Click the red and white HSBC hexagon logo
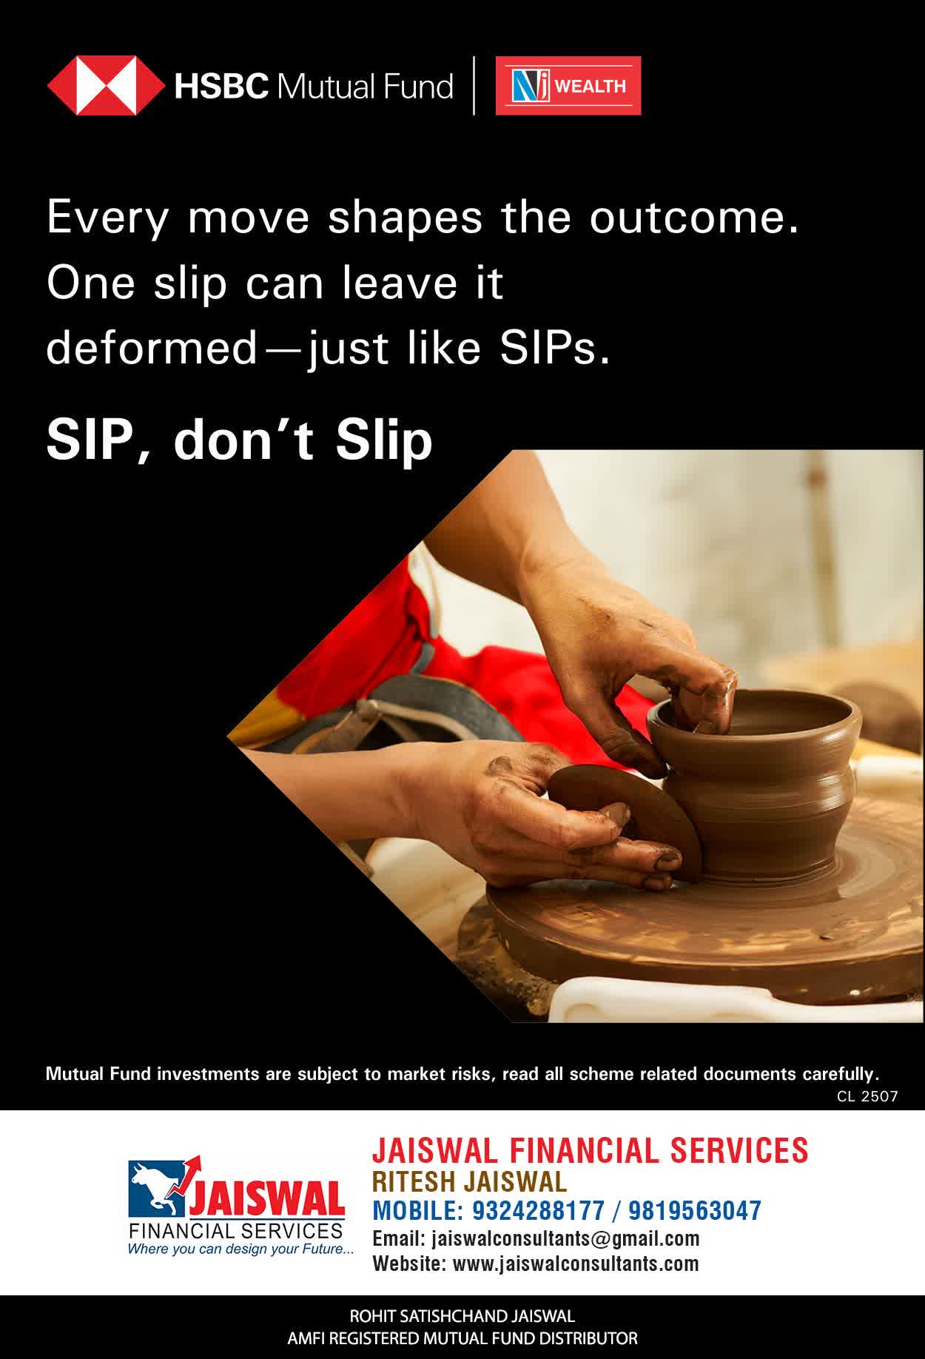pos(106,86)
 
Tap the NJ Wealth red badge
pos(568,86)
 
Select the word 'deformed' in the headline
pos(151,347)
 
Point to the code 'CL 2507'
pos(867,1096)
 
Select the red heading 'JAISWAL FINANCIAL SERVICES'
pos(590,1150)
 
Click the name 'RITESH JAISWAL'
pos(469,1181)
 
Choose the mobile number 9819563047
pos(695,1211)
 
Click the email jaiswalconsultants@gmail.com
pos(565,1238)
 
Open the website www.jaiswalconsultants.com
pos(576,1264)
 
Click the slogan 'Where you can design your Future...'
pos(240,1249)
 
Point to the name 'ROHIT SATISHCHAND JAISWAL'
pos(462,1316)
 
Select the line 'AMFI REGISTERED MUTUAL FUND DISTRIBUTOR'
pos(462,1338)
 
